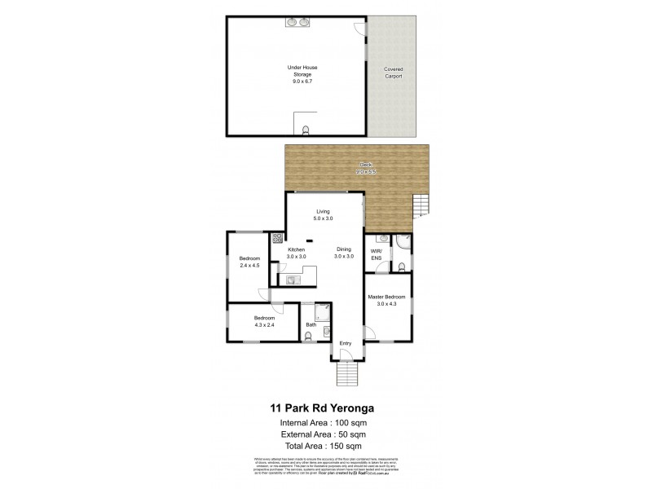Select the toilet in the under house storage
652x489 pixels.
pyautogui.click(x=306, y=130)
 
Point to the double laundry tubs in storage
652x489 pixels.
pyautogui.click(x=296, y=24)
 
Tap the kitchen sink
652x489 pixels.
pyautogui.click(x=293, y=279)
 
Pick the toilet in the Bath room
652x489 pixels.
pyautogui.click(x=327, y=332)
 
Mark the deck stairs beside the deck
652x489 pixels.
pyautogui.click(x=421, y=208)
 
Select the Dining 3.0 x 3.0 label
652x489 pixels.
pyautogui.click(x=344, y=253)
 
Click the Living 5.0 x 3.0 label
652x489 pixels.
pyautogui.click(x=324, y=216)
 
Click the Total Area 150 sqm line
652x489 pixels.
pyautogui.click(x=325, y=447)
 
